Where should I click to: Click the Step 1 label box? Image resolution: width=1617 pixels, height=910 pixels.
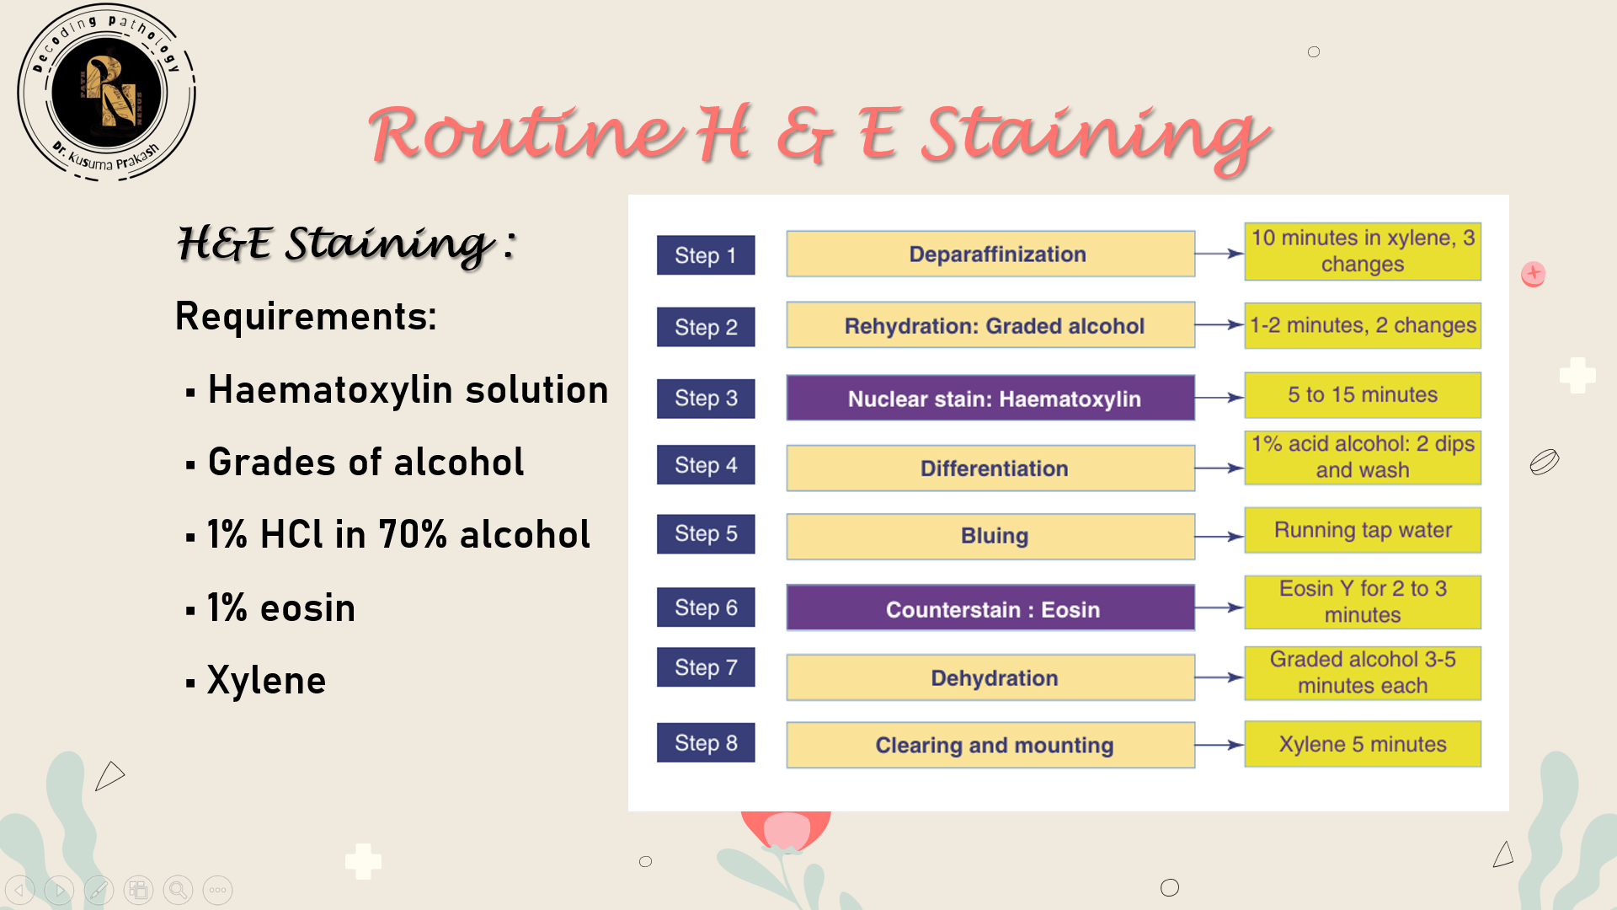(706, 254)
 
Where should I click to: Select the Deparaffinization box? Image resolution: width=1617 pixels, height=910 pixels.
(990, 254)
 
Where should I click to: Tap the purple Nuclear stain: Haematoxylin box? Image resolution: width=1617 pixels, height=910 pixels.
(990, 398)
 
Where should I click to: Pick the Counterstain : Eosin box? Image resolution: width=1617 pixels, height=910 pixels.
(990, 608)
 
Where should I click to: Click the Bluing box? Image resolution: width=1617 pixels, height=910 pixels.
(990, 537)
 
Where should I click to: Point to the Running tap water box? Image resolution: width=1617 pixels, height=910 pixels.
(1363, 530)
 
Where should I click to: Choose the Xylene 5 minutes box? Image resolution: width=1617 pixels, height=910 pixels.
(1363, 744)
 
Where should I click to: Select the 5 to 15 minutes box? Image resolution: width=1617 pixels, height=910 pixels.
(1363, 395)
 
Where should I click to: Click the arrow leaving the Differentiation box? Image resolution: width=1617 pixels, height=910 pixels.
(1219, 468)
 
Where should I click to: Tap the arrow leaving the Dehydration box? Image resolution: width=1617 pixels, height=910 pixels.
(1219, 677)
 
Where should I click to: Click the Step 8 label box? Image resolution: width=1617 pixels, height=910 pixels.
(706, 742)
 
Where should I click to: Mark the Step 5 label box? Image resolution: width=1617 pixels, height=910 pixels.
(706, 533)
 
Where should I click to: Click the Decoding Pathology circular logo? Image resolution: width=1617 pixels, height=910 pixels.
(106, 93)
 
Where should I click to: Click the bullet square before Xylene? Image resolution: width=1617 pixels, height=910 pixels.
(190, 682)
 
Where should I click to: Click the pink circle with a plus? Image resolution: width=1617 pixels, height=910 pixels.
(1534, 274)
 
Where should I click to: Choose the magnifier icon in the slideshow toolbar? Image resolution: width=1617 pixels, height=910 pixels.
(178, 890)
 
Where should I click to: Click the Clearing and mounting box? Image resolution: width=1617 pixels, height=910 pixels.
(990, 745)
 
